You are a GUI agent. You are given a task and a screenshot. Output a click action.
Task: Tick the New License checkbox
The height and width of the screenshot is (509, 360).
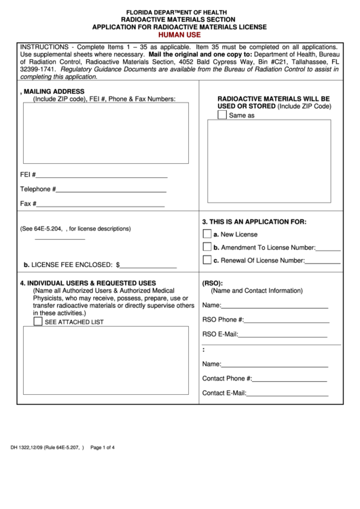pyautogui.click(x=207, y=234)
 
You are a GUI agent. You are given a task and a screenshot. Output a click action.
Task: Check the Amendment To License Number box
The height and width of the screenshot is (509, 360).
pyautogui.click(x=207, y=247)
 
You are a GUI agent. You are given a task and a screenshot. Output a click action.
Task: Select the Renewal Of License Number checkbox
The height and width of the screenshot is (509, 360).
pyautogui.click(x=207, y=260)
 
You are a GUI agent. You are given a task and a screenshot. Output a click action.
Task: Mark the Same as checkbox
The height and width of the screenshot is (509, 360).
pyautogui.click(x=222, y=115)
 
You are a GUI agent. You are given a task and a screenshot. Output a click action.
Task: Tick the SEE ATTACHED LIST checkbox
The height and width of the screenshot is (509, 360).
pyautogui.click(x=38, y=321)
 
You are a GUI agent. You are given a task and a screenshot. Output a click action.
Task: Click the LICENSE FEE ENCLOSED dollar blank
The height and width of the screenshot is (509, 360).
pyautogui.click(x=148, y=266)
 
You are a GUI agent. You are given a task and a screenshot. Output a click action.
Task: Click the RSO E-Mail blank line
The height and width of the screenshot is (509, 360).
pyautogui.click(x=285, y=334)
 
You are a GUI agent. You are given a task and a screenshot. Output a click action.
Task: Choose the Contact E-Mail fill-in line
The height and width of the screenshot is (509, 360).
pyautogui.click(x=287, y=393)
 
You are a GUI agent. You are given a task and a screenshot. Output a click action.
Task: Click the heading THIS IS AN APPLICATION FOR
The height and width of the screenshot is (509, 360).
pyautogui.click(x=254, y=222)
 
